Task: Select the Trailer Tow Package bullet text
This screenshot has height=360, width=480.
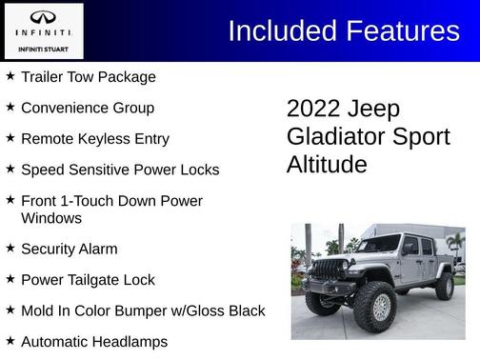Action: (88, 76)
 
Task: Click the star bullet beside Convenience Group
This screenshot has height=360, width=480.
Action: (10, 107)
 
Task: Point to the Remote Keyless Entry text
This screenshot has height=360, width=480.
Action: (94, 138)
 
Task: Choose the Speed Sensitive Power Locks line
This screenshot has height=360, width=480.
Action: (119, 170)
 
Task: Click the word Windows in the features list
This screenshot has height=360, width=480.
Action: (50, 217)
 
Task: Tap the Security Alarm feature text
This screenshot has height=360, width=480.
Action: (69, 249)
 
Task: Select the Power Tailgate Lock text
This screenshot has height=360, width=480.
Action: (87, 280)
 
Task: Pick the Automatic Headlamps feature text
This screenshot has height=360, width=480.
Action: (93, 341)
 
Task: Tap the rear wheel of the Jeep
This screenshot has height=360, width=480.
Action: (444, 287)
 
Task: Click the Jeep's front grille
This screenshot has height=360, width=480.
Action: (330, 270)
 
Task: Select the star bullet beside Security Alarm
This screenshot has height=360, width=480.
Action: (10, 248)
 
